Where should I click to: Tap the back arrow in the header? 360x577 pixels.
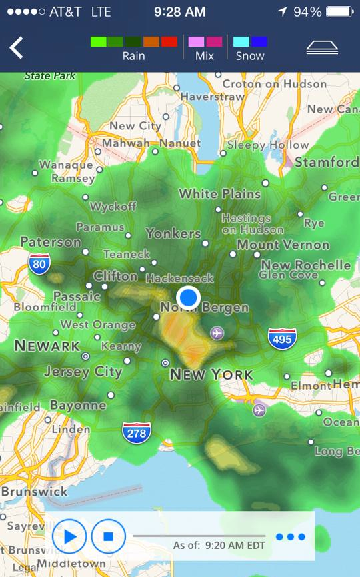(x=16, y=47)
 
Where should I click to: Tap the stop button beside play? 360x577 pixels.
(x=109, y=536)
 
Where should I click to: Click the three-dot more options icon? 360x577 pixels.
(x=291, y=537)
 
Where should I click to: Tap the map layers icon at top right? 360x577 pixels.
(x=322, y=47)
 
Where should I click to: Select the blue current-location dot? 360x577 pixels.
(x=189, y=297)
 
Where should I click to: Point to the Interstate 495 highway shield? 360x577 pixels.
(x=282, y=339)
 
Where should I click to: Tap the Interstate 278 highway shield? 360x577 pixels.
(x=136, y=433)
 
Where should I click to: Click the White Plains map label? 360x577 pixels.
(x=219, y=194)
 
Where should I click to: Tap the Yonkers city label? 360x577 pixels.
(x=173, y=233)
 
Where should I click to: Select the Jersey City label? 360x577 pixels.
(x=83, y=372)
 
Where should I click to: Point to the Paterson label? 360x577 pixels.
(x=51, y=242)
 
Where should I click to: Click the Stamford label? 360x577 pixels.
(x=327, y=162)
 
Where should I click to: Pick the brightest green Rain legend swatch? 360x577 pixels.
(x=99, y=41)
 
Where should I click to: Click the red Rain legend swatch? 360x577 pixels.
(x=169, y=41)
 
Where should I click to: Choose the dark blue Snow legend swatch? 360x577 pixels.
(x=259, y=41)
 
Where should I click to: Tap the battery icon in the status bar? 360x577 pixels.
(x=340, y=12)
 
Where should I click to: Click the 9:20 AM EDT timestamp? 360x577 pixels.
(x=235, y=546)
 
